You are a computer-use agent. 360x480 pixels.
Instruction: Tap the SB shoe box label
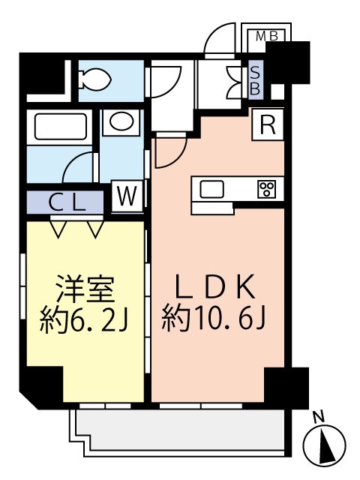click(x=255, y=80)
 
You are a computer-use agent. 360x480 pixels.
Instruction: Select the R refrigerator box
click(x=267, y=124)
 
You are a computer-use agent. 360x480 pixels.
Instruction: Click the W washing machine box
click(x=128, y=197)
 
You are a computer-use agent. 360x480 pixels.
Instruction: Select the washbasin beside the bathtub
click(x=120, y=121)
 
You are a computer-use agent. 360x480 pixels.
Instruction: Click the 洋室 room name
click(x=84, y=288)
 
